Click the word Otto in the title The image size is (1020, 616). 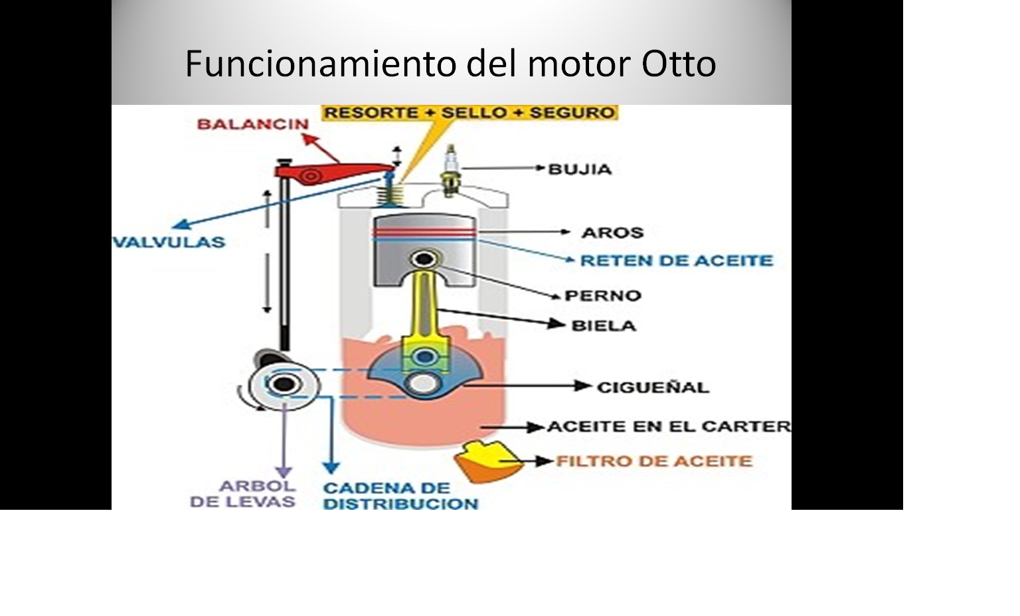click(x=679, y=64)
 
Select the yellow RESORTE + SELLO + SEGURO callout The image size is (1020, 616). click(x=469, y=113)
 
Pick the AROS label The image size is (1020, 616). click(x=612, y=233)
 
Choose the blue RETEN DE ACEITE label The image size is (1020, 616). click(x=676, y=260)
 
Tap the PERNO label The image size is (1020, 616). click(x=602, y=295)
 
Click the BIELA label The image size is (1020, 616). click(x=603, y=325)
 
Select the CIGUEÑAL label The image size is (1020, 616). click(x=652, y=387)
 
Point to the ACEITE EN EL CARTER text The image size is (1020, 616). click(x=668, y=426)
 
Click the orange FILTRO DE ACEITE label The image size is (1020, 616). click(x=653, y=461)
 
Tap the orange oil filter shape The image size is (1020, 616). click(x=486, y=461)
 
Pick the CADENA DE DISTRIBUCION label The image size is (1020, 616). click(x=400, y=496)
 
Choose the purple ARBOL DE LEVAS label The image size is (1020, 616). click(x=243, y=494)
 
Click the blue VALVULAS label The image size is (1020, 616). click(x=169, y=242)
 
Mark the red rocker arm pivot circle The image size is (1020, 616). click(x=310, y=176)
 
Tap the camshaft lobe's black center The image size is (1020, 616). click(x=285, y=384)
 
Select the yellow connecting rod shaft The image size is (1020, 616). click(x=426, y=305)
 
